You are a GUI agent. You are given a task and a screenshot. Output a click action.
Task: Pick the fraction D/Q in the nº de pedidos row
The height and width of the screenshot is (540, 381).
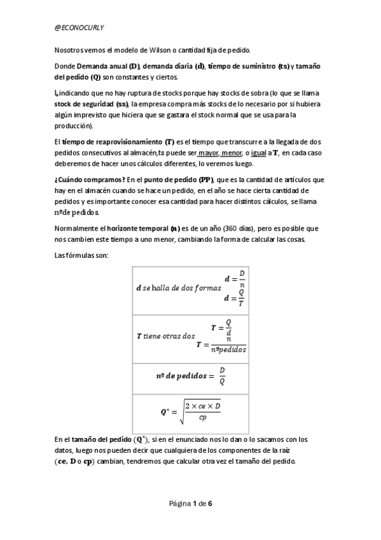221,376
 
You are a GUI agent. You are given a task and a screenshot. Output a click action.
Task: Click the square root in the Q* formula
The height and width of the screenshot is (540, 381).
200,411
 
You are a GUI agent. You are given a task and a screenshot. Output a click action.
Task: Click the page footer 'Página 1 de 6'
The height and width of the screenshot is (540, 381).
190,503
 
